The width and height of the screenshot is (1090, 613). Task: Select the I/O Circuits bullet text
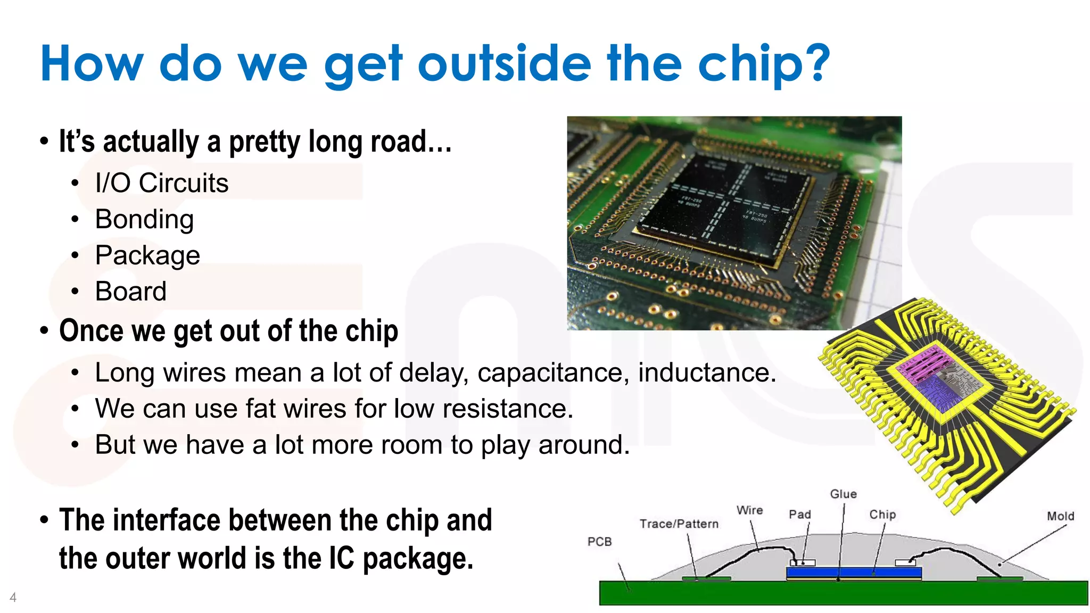pos(162,183)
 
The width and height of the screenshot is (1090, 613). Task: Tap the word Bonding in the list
pos(144,219)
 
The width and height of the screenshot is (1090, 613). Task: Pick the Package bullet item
pos(147,255)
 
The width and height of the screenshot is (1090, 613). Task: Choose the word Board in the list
pos(131,292)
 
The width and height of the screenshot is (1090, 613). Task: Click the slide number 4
pos(13,598)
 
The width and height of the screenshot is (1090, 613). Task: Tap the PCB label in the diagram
pos(599,542)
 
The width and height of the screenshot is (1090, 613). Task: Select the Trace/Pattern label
pos(679,524)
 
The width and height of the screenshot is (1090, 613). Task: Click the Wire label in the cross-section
pos(749,510)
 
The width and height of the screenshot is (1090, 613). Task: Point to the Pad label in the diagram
pos(799,515)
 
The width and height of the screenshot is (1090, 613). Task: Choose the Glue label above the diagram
pos(843,494)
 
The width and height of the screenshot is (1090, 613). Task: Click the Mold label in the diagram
pos(1060,516)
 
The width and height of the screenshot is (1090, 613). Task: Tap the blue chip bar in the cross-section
pos(854,573)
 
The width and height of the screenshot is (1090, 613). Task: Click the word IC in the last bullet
pos(341,559)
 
